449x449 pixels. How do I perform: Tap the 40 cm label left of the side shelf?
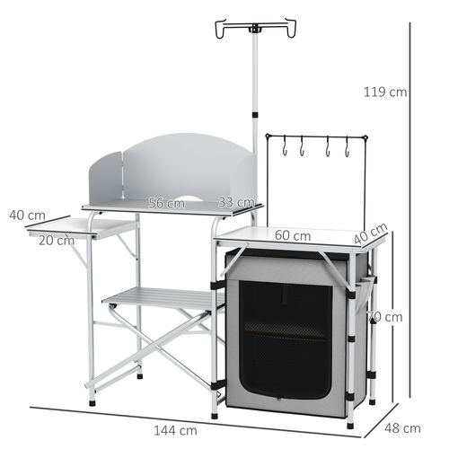(x=27, y=216)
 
